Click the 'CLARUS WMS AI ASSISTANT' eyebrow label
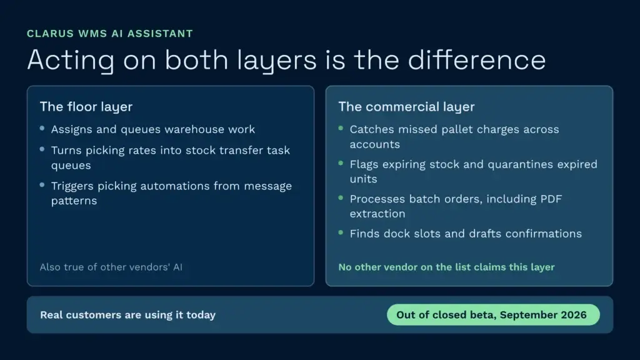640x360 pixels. [110, 34]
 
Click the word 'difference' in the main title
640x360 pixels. [477, 59]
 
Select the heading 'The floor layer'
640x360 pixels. [86, 106]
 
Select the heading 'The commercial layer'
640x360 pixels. [406, 106]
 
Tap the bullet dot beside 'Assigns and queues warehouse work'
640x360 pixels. [42, 128]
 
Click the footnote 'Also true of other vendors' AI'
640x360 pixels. [111, 267]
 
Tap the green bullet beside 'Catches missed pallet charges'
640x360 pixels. [341, 128]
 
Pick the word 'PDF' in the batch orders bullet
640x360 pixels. [551, 199]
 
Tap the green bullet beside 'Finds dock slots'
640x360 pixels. [341, 232]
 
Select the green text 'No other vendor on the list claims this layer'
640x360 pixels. [446, 267]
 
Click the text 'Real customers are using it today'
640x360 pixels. [127, 315]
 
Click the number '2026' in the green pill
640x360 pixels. [574, 315]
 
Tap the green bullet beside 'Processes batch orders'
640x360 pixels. [341, 198]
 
